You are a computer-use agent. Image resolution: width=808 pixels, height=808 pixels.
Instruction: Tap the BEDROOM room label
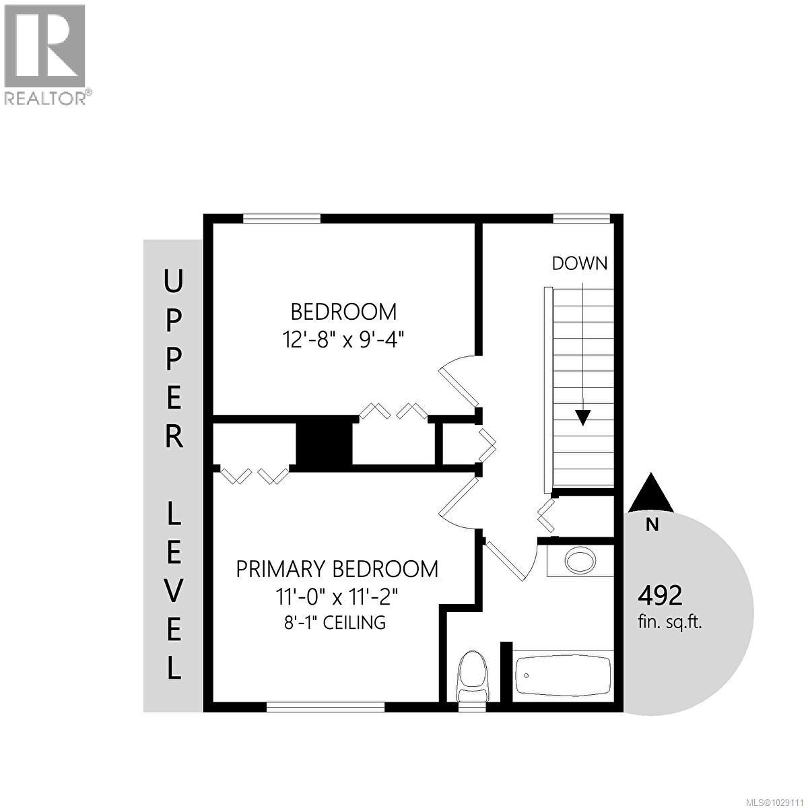[x=343, y=312]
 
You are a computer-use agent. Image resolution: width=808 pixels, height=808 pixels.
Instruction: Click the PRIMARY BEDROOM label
[x=337, y=569]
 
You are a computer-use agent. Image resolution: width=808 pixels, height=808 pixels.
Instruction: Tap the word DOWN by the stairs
[x=579, y=263]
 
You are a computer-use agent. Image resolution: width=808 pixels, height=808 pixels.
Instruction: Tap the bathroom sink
[x=580, y=560]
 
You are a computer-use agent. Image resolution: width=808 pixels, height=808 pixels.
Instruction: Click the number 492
[x=660, y=595]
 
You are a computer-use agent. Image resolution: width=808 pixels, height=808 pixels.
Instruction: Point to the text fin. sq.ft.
[x=670, y=622]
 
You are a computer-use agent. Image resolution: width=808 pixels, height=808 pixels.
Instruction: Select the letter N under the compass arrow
[x=652, y=525]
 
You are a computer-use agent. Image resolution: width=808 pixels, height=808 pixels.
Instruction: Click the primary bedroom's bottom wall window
[x=325, y=706]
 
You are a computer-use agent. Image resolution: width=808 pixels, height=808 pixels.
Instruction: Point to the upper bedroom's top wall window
[x=281, y=218]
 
